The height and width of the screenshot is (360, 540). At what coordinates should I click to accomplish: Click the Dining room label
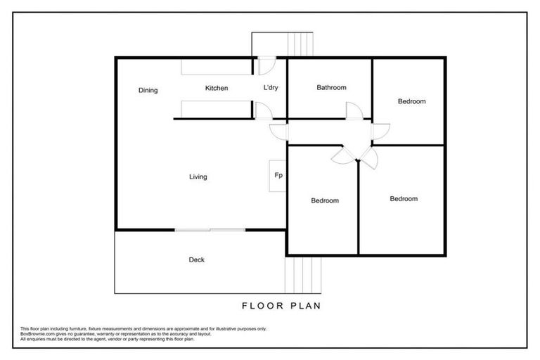coord(148,90)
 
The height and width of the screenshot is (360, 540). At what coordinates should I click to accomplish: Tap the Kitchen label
coord(217,88)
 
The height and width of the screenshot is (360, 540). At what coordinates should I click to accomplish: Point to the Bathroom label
coord(331,88)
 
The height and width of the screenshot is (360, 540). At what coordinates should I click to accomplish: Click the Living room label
coord(198,176)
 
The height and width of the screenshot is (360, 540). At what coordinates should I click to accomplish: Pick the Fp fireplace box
coord(278,175)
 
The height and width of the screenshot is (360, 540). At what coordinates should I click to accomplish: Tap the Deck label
coord(197,259)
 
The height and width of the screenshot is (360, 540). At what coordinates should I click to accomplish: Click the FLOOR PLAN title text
coord(281,306)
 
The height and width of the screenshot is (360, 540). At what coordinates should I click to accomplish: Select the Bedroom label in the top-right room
coord(411,101)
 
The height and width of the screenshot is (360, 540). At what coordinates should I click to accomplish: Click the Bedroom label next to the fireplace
coord(325,200)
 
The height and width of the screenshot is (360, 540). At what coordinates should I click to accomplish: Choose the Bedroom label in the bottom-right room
coord(404,198)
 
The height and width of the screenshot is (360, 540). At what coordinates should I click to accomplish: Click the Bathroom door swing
coord(353,110)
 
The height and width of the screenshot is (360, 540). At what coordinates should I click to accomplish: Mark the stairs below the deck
coord(303,275)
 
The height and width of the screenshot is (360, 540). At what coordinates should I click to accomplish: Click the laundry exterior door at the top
coord(266,65)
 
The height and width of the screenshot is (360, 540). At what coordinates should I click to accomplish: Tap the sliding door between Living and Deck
coord(210,229)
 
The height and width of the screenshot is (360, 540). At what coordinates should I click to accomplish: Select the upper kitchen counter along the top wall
coord(217,67)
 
